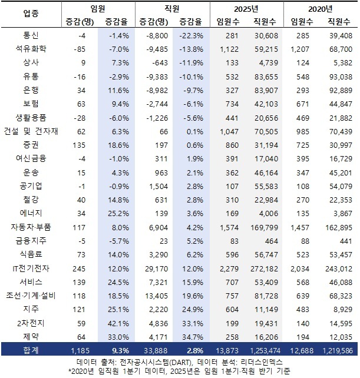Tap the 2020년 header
click(x=320, y=8)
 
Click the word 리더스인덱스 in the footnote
click(x=266, y=361)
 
